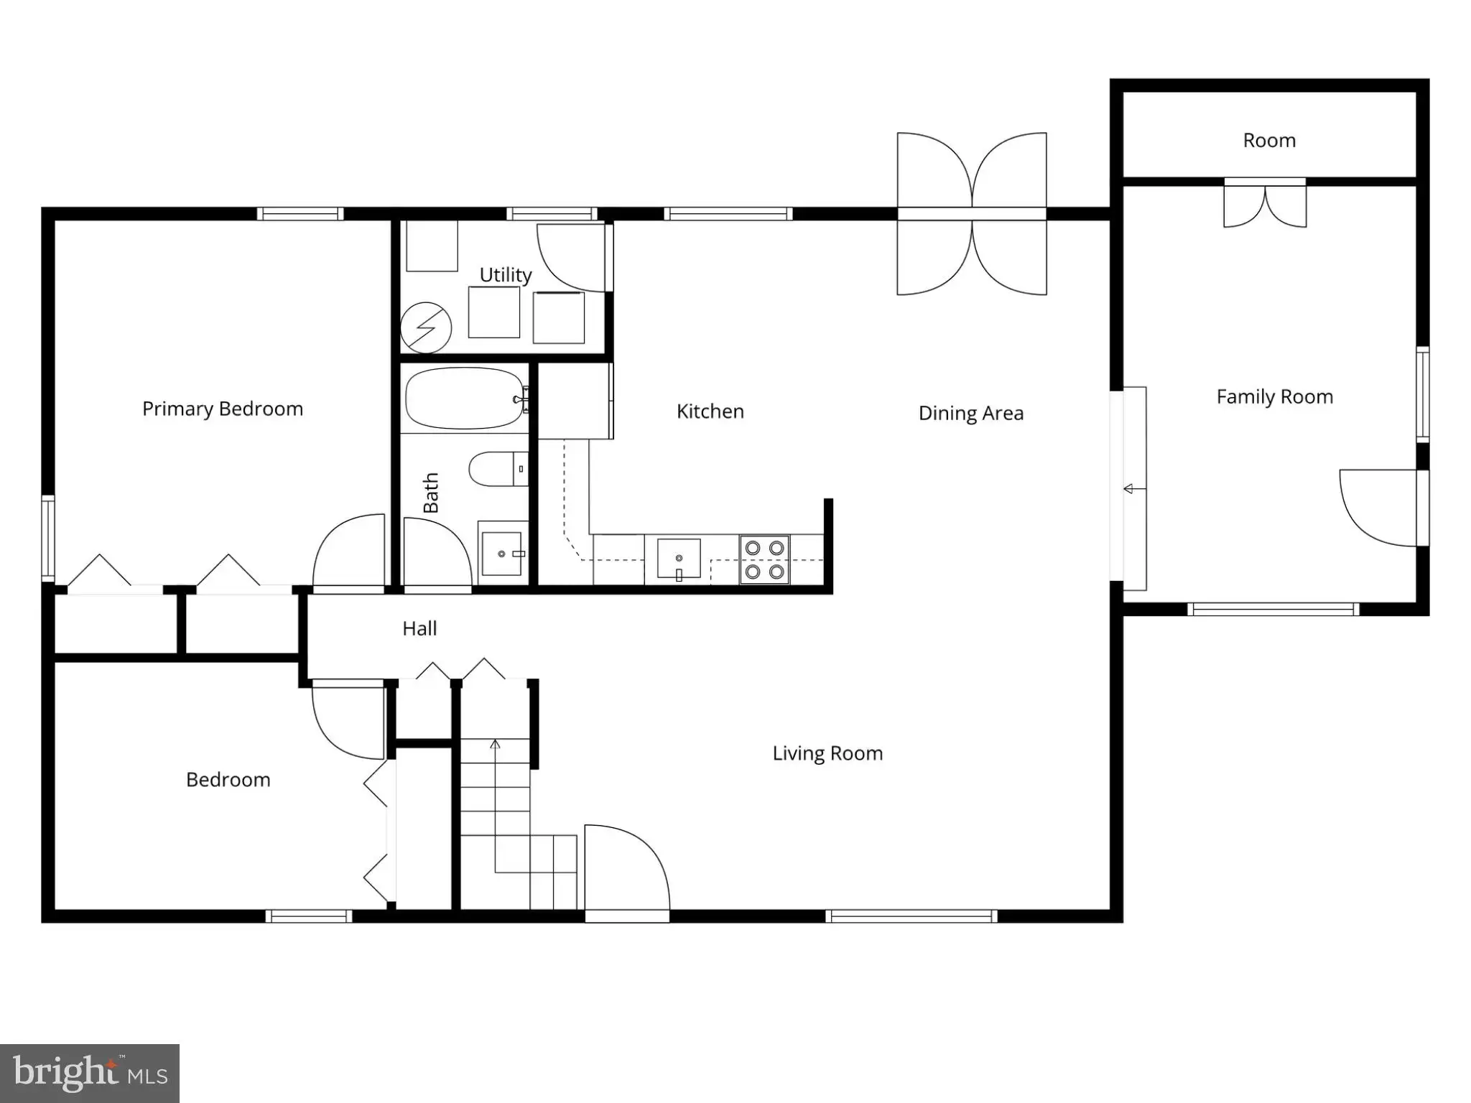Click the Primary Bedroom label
223,409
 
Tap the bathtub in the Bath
465,399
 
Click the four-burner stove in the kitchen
764,559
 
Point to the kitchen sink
679,559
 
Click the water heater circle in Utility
426,327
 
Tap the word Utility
506,275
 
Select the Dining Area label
971,414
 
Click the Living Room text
827,753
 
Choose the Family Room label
1275,397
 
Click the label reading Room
1270,141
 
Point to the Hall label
419,629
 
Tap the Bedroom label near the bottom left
228,780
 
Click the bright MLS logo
90,1074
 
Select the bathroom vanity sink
501,554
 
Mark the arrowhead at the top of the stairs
495,744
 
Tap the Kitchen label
710,412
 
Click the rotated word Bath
430,493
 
